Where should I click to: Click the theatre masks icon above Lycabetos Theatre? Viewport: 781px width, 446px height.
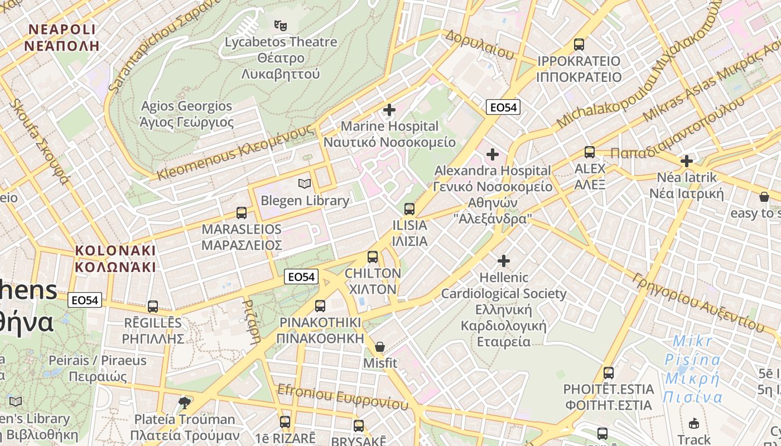point(280,25)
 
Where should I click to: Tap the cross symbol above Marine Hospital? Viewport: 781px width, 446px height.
point(389,110)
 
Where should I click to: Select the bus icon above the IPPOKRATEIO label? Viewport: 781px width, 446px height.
point(579,45)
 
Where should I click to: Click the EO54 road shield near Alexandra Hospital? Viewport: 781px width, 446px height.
point(503,108)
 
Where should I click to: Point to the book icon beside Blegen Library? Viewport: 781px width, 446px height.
point(304,183)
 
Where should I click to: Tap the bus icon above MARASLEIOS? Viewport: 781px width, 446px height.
point(242,213)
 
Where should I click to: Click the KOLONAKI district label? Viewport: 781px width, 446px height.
point(115,258)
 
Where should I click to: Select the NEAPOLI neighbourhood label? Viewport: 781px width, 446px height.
point(62,37)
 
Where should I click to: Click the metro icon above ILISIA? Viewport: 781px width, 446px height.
point(409,209)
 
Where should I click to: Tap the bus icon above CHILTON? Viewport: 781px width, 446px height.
point(373,257)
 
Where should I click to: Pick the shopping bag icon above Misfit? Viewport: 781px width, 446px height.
point(380,347)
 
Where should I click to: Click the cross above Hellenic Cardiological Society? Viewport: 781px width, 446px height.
point(504,260)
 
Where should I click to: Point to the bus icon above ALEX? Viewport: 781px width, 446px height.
point(590,152)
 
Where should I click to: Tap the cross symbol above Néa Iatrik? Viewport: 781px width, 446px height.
point(686,161)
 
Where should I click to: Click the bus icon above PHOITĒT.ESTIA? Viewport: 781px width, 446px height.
point(609,373)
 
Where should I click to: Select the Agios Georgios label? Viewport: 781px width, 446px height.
point(187,114)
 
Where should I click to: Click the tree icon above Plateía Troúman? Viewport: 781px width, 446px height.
point(184,403)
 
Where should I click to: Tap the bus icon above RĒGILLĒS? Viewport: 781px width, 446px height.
point(153,307)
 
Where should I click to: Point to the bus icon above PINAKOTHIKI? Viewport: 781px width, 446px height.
point(320,306)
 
